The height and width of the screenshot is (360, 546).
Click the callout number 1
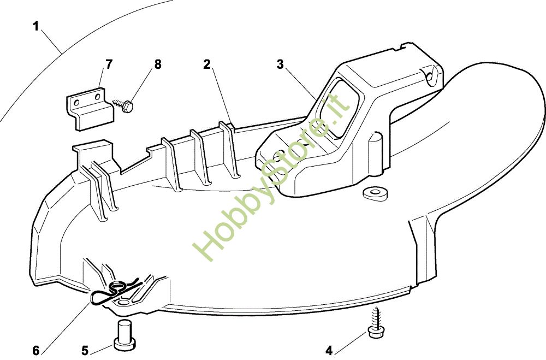[x=36, y=26]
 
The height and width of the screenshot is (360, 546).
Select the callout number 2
[x=207, y=64]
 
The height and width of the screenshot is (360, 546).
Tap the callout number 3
[x=280, y=64]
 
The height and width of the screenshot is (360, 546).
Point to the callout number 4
[x=328, y=350]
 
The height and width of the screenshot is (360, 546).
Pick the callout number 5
[x=85, y=350]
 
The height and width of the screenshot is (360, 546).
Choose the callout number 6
[x=36, y=350]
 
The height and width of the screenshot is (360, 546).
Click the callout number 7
[x=109, y=64]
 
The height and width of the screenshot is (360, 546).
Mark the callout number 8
[x=158, y=64]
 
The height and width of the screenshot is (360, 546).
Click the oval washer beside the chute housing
[x=375, y=193]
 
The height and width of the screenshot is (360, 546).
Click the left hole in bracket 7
[x=78, y=102]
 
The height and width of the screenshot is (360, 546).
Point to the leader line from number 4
[x=349, y=341]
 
